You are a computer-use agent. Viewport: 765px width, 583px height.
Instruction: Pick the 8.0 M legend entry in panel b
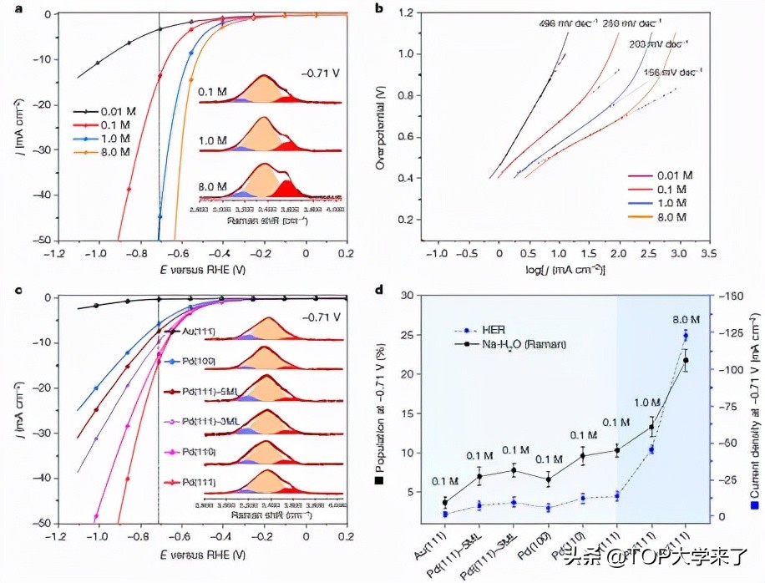click(668, 217)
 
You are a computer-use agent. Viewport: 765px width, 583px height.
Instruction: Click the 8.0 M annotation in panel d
click(685, 319)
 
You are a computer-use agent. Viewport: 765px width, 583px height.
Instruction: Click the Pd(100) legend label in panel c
click(200, 362)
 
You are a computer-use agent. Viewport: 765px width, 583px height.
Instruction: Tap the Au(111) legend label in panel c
click(198, 332)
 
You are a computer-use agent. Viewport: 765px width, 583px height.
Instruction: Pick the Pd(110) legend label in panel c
click(200, 451)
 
